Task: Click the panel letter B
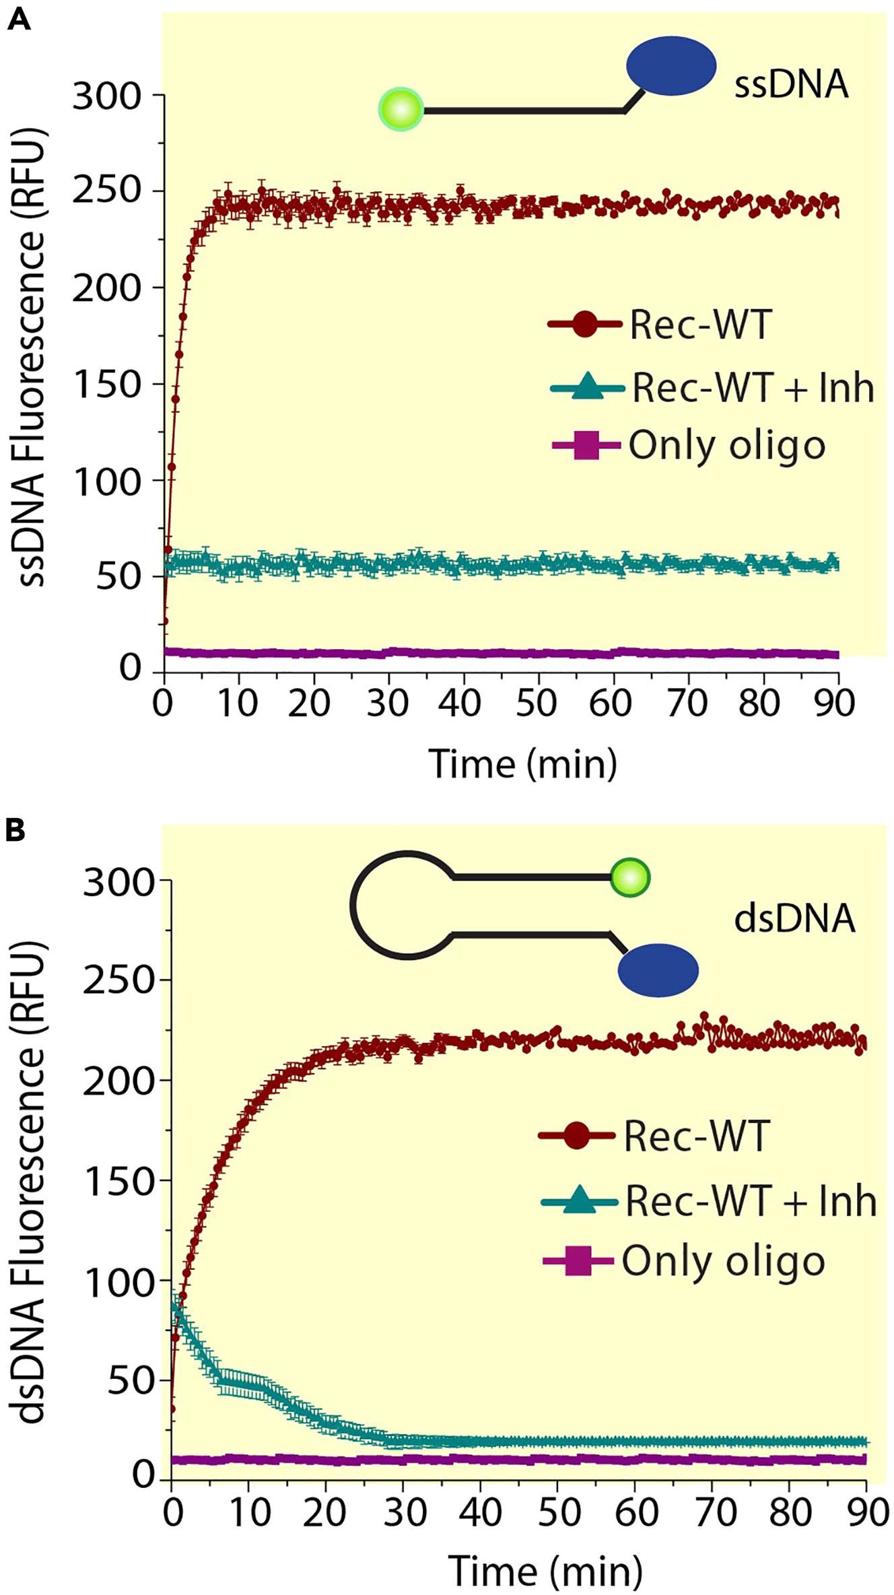point(15,829)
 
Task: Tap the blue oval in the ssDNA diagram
point(671,66)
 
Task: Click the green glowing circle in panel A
point(401,109)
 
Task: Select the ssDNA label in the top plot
point(791,85)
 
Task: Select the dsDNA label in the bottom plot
point(794,919)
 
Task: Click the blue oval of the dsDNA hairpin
point(658,970)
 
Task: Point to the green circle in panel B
point(630,878)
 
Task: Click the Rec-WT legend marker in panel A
point(584,325)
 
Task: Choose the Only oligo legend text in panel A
point(727,446)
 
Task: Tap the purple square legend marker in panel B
point(578,1261)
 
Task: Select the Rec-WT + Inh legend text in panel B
point(751,1200)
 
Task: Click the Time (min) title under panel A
point(523,764)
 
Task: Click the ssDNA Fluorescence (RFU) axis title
point(31,357)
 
